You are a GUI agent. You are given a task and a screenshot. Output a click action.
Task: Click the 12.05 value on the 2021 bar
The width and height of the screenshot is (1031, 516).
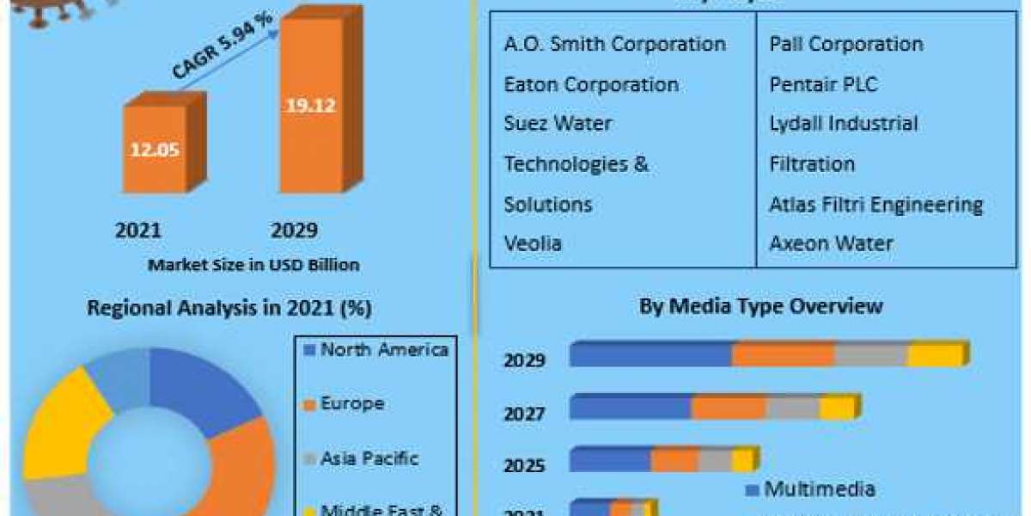[x=154, y=149]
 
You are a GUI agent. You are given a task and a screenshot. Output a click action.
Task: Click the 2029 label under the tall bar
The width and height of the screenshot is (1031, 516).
[x=294, y=230]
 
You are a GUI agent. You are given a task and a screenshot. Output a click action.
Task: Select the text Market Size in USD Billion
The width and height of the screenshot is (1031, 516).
[x=253, y=265]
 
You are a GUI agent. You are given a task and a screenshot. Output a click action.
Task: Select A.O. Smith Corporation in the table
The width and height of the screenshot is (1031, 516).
[x=614, y=44]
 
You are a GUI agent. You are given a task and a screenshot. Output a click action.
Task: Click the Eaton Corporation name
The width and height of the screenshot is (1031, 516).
[x=590, y=84]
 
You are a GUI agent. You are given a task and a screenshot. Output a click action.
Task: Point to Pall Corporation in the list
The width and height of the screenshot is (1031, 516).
[x=845, y=44]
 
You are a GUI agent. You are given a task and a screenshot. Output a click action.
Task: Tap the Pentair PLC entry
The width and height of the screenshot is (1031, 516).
[x=823, y=84]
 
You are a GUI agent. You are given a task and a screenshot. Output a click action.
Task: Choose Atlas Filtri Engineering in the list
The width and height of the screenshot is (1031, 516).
[x=875, y=205]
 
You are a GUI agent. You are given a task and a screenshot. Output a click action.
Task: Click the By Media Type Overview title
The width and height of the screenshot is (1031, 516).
[x=760, y=306]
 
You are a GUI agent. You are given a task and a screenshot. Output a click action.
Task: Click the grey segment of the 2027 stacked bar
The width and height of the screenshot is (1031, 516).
[x=791, y=408]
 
